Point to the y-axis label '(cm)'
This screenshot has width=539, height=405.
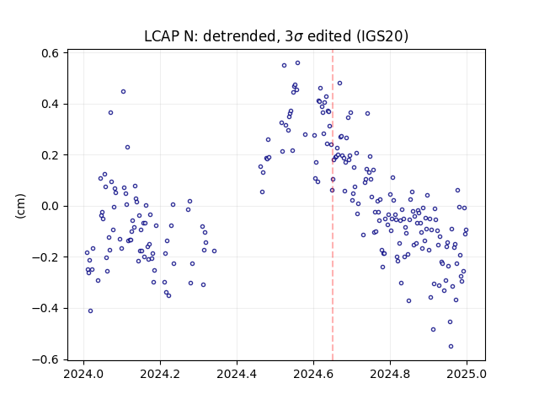click(x=20, y=206)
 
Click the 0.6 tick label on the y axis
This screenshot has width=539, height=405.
click(x=51, y=53)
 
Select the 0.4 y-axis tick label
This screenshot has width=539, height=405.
click(x=51, y=105)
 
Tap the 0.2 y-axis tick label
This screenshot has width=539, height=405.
click(x=51, y=155)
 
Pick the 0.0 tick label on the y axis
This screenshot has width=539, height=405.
click(x=51, y=206)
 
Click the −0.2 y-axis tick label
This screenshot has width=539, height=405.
click(x=45, y=257)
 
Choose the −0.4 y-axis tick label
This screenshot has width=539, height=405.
click(x=45, y=308)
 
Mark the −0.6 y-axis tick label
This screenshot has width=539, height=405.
click(x=45, y=359)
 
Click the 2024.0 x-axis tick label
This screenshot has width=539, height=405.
click(x=83, y=374)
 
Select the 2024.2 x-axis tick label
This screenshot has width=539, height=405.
click(x=160, y=374)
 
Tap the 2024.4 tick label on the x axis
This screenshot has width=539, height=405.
click(x=237, y=374)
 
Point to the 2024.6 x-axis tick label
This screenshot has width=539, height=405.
click(x=313, y=374)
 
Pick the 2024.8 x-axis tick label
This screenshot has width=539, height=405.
click(x=390, y=374)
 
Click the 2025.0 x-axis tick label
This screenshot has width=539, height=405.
click(x=467, y=374)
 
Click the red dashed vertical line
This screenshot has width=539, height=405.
click(x=333, y=205)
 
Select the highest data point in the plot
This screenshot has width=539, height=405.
click(x=297, y=63)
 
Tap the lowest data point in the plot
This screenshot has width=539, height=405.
click(x=451, y=347)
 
